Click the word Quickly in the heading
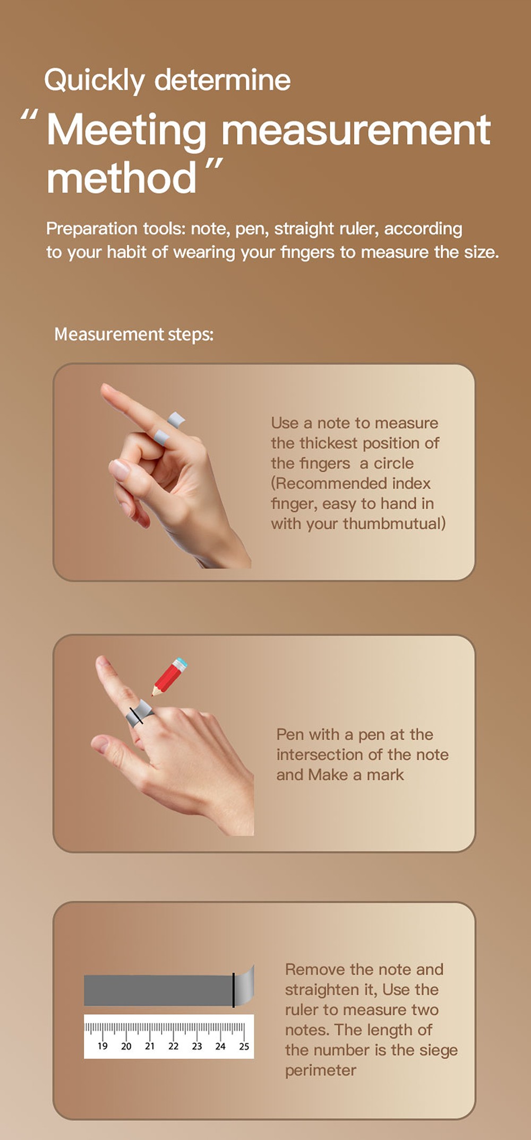coord(94,81)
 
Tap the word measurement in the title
coord(355,130)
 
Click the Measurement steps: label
coord(134,334)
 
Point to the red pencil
coord(169,676)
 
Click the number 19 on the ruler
coord(102,1046)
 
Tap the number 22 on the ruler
coord(173,1046)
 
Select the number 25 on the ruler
coord(244,1046)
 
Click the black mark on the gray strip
coord(233,990)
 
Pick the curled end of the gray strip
coord(245,986)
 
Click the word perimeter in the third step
coord(320,1071)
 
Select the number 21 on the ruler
coord(150,1046)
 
